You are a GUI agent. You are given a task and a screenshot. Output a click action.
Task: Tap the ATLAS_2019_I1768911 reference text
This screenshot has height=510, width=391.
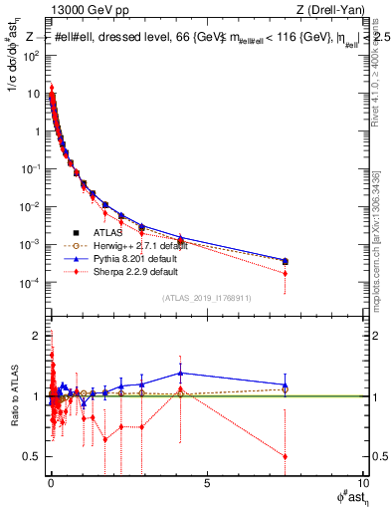(207, 298)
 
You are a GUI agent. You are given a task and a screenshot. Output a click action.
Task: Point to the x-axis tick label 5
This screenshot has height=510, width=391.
(207, 482)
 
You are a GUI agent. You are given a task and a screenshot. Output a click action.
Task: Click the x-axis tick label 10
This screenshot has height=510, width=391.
(361, 482)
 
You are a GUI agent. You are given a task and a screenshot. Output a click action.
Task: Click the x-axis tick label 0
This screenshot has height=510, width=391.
(52, 482)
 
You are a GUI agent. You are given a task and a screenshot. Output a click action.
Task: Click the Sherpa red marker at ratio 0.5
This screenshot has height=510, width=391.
(286, 456)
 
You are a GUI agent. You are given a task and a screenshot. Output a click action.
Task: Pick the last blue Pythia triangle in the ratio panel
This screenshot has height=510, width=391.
(286, 384)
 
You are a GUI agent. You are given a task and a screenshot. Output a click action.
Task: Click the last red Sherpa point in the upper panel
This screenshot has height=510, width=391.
(286, 273)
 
